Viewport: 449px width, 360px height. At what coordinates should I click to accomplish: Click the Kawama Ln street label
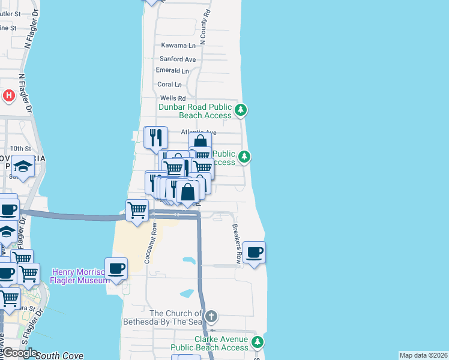179,46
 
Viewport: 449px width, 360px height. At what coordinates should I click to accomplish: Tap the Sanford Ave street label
178,59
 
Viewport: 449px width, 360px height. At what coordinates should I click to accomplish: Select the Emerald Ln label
172,70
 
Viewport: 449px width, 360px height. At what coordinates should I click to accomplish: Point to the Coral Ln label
169,85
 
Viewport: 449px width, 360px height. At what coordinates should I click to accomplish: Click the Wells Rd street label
173,98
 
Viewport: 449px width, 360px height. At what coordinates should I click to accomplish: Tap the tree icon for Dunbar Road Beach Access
241,109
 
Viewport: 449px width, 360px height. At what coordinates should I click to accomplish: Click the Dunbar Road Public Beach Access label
195,111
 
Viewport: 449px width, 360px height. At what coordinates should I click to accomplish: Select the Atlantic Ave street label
198,132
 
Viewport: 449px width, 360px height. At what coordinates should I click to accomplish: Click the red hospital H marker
9,95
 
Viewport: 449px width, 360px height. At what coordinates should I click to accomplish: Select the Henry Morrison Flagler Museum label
79,277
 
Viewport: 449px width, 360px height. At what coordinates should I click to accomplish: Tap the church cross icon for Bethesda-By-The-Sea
211,316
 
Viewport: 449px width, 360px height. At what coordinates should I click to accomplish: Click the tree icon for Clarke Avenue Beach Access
258,342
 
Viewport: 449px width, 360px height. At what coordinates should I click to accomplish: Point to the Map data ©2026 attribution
423,355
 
